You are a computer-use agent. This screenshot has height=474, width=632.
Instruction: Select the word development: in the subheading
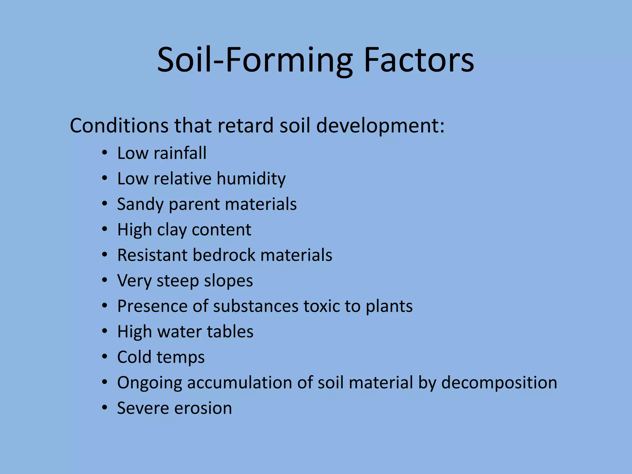(x=380, y=126)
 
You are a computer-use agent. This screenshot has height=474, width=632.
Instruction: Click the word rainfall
(x=180, y=153)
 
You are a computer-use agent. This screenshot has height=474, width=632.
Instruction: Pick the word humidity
(x=251, y=179)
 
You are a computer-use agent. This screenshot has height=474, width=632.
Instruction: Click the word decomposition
(x=499, y=383)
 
